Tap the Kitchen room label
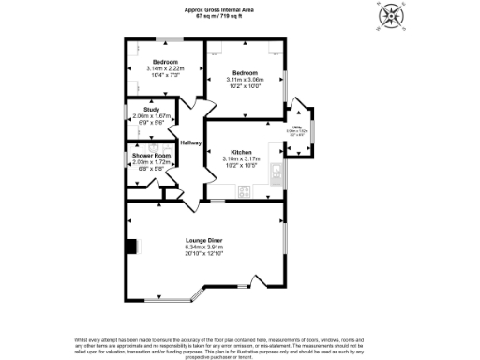coord(241,152)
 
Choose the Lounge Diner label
coord(204,241)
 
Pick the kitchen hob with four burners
coord(245,192)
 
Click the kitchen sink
coord(277,172)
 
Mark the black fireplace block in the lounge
coord(131,246)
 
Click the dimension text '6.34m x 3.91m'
coord(204,247)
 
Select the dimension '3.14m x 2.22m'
coord(165,67)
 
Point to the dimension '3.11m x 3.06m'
coord(246,80)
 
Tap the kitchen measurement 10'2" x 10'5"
coord(241,166)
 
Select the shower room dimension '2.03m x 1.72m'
coord(149,161)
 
